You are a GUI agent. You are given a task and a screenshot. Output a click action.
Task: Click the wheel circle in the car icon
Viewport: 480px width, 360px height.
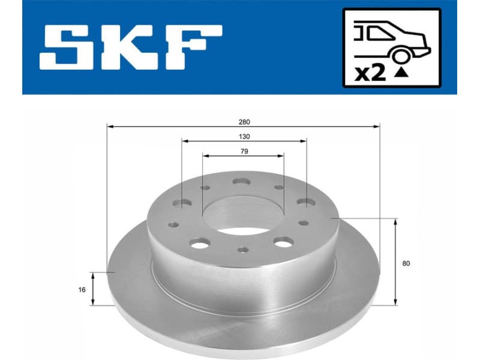[x=399, y=55]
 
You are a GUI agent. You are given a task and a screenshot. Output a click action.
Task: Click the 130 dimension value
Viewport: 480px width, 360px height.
[x=244, y=136]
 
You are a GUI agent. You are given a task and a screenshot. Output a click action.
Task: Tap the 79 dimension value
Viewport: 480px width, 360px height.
[x=244, y=151]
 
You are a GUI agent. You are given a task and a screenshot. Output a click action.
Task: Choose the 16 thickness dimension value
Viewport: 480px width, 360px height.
[x=82, y=289]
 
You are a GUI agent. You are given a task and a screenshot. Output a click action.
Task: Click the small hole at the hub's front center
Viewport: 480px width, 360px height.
[x=242, y=250]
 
